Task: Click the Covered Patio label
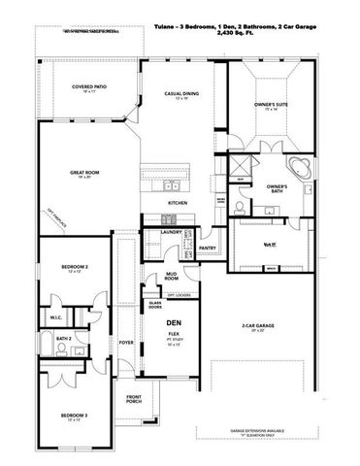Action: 88,87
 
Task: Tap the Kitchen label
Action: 178,202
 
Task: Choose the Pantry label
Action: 207,248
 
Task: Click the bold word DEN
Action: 175,321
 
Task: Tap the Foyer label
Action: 125,342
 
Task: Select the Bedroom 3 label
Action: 62,416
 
